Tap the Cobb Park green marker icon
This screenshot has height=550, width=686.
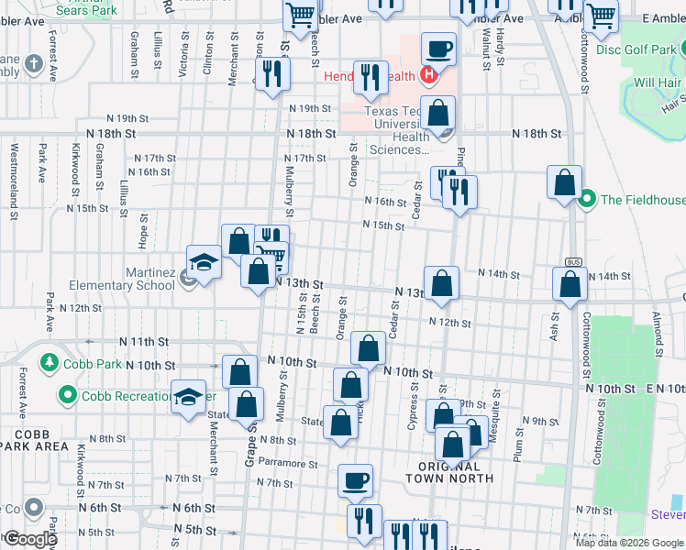click(x=48, y=364)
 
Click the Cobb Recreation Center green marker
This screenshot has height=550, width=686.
click(x=67, y=396)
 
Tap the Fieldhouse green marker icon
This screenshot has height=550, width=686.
click(x=588, y=199)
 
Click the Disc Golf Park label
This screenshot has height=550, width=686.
click(x=639, y=49)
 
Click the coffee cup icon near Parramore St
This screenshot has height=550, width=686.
click(x=355, y=478)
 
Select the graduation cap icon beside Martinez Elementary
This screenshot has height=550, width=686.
click(x=204, y=262)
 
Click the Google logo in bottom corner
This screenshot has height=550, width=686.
click(x=29, y=540)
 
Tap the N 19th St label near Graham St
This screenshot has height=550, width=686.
click(x=127, y=118)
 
